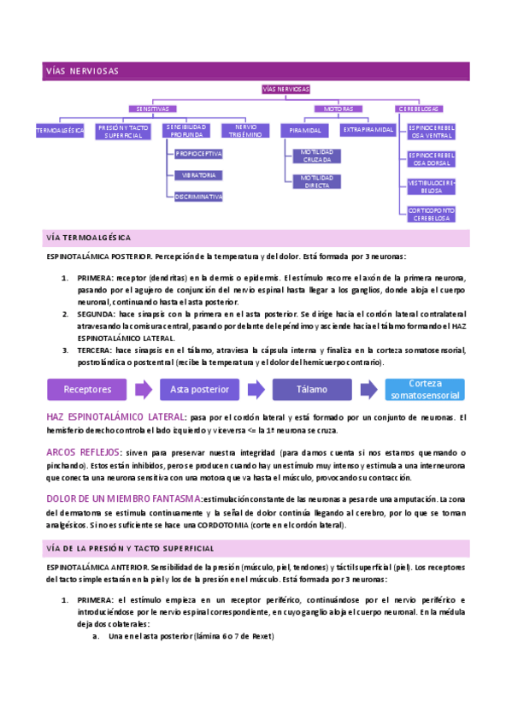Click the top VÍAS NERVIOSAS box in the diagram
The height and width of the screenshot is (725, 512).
pos(286,89)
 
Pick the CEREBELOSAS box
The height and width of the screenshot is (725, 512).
pos(419,109)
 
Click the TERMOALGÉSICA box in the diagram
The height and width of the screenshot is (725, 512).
pos(60,130)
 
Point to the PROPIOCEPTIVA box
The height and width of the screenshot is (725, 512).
pos(198,154)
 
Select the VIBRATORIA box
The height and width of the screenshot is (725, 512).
pos(198,174)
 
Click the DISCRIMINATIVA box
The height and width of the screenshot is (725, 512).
pos(198,196)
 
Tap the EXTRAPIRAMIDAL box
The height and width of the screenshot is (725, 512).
pos(368,130)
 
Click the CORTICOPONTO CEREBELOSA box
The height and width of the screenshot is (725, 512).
pos(432,214)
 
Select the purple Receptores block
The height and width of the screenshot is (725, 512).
pos(88,389)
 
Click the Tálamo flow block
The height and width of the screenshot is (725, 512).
pos(312,389)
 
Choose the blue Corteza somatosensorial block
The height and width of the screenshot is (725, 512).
pos(425,389)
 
